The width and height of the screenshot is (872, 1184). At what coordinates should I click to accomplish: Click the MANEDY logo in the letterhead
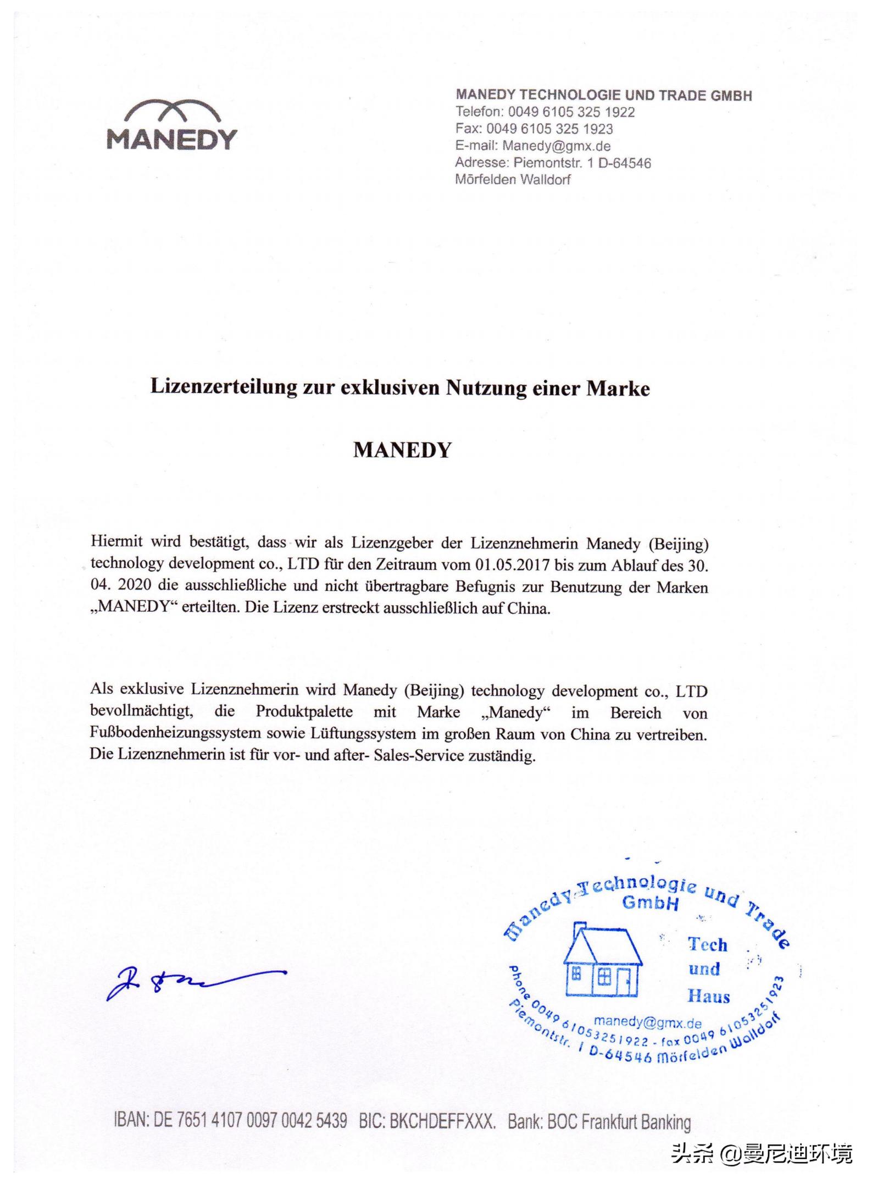pyautogui.click(x=171, y=125)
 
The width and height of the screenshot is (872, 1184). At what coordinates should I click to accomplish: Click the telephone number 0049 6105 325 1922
pyautogui.click(x=571, y=112)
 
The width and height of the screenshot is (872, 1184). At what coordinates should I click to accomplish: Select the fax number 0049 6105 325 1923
pyautogui.click(x=549, y=129)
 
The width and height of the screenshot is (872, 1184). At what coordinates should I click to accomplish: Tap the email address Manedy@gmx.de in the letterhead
pyautogui.click(x=556, y=146)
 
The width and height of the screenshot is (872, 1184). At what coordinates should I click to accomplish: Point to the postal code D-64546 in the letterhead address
pyautogui.click(x=624, y=163)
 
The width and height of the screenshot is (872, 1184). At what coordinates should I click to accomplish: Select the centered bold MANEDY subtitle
pyautogui.click(x=402, y=450)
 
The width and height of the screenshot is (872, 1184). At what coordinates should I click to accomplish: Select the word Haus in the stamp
pyautogui.click(x=708, y=996)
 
